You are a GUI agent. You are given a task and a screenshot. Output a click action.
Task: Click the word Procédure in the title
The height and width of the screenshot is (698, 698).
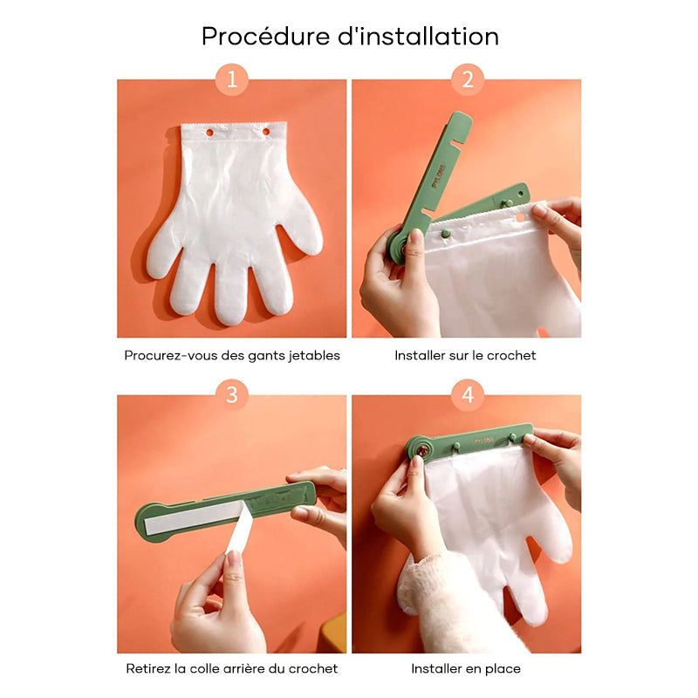[266, 36]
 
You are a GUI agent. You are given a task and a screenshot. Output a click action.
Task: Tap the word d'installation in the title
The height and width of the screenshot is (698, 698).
[418, 36]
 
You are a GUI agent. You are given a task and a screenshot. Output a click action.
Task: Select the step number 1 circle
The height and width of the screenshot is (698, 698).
[232, 79]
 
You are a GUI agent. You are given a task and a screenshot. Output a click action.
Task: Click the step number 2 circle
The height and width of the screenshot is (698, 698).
[468, 79]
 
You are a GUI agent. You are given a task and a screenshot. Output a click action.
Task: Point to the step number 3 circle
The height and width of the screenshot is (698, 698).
[232, 395]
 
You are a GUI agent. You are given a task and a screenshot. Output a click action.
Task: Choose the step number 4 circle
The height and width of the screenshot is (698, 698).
[468, 395]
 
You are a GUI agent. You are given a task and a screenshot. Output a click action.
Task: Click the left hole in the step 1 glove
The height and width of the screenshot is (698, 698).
[209, 133]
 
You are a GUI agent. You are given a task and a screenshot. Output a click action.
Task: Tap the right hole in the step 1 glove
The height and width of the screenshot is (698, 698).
[266, 132]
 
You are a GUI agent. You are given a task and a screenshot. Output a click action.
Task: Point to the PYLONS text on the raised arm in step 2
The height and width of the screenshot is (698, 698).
[438, 176]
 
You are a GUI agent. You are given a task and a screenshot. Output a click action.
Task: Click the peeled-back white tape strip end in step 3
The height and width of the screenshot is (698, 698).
[240, 529]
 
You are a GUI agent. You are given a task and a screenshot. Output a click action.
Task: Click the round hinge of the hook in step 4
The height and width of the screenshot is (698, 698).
[420, 450]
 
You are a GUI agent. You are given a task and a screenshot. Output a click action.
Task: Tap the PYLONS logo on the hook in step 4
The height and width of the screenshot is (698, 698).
[483, 441]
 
